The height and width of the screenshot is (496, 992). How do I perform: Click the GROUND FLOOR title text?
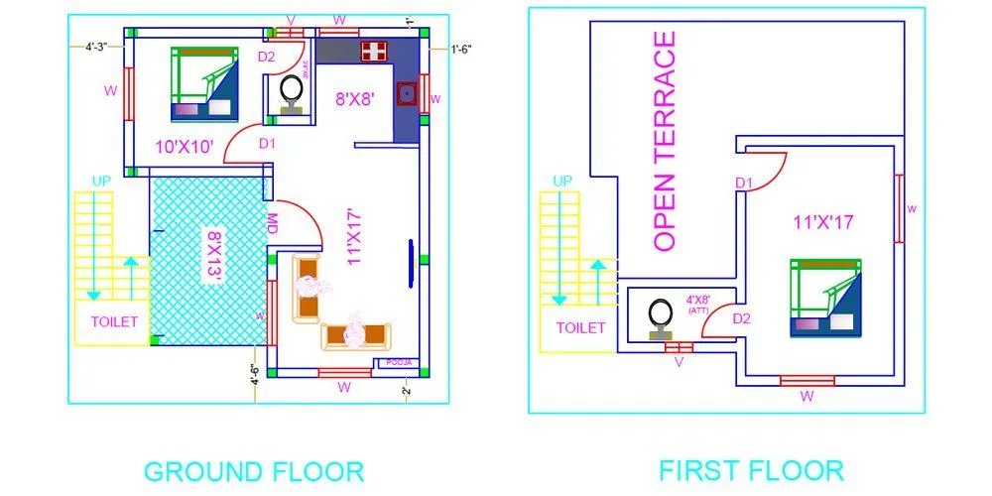pos(254,470)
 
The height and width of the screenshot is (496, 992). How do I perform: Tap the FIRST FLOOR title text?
pos(750,469)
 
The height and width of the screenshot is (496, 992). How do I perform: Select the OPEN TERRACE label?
pos(665,140)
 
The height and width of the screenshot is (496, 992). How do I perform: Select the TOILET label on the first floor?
pos(580,326)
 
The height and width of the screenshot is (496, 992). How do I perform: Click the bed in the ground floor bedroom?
pos(203,85)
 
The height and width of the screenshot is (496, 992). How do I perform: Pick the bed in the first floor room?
pos(825,299)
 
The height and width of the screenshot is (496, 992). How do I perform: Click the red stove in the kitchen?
pos(373,51)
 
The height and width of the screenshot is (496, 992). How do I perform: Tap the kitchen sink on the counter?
pos(405,95)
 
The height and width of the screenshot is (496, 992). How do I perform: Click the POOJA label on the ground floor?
pos(399,363)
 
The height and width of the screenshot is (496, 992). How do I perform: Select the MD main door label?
pos(271,224)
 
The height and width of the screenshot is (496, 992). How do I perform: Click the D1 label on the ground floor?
pos(267,144)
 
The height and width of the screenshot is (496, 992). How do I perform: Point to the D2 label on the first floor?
pos(742,318)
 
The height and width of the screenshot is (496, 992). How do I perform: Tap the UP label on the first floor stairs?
pos(562,181)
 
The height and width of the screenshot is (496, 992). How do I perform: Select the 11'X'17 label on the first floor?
pos(823,222)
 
